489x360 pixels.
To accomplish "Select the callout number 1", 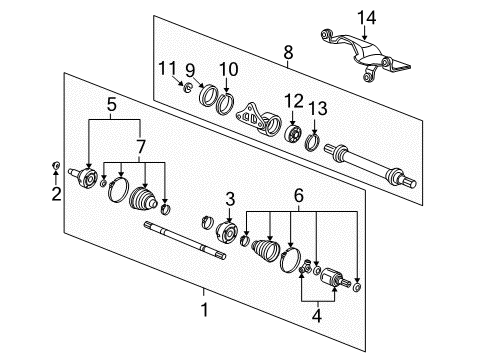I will point(204,310).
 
